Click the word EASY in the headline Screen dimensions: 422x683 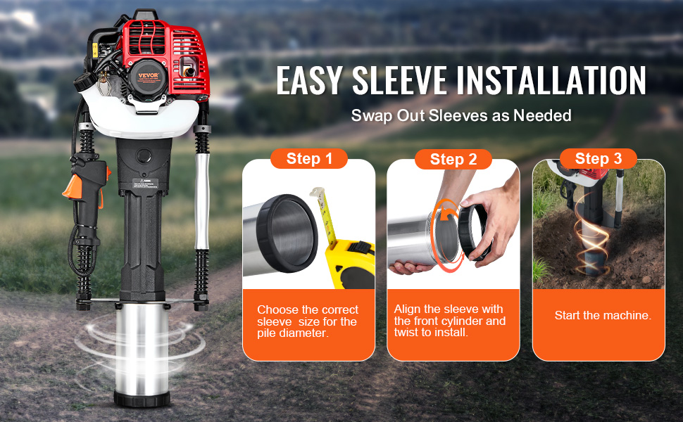click(311, 81)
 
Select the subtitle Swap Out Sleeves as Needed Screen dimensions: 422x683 click(461, 116)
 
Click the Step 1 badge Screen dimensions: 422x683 click(309, 159)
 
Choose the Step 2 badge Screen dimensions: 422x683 click(453, 160)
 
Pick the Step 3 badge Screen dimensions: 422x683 click(598, 158)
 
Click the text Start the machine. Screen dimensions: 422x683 click(602, 316)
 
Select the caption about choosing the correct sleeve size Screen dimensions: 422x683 click(307, 321)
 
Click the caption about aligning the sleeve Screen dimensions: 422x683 click(450, 321)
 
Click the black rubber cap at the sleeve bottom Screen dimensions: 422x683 click(142, 399)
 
